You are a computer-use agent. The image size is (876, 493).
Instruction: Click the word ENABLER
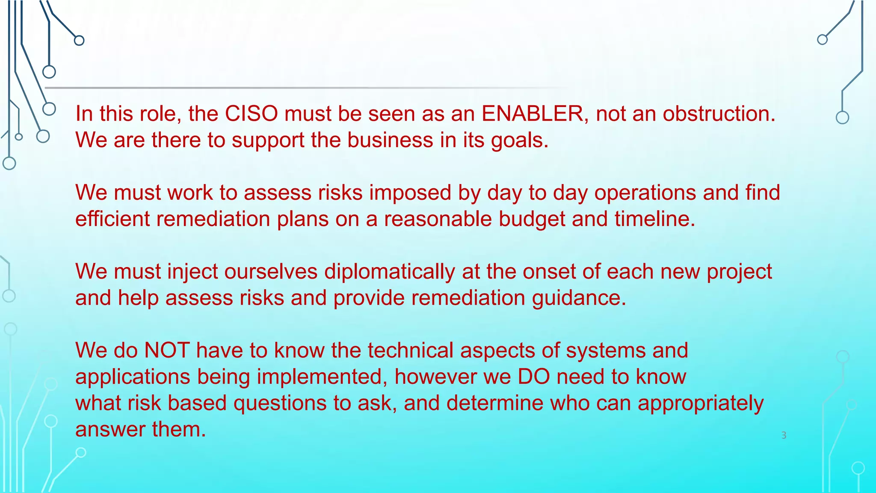coord(532,114)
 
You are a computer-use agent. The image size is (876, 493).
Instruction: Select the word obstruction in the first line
coord(719,114)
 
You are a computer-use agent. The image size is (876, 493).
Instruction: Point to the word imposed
coord(410,193)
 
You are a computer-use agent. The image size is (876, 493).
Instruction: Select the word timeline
coord(654,219)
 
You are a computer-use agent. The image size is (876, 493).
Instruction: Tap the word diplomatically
coord(389,272)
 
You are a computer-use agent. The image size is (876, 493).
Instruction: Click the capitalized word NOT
coord(167,350)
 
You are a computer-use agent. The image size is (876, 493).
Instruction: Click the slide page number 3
coord(784,435)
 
